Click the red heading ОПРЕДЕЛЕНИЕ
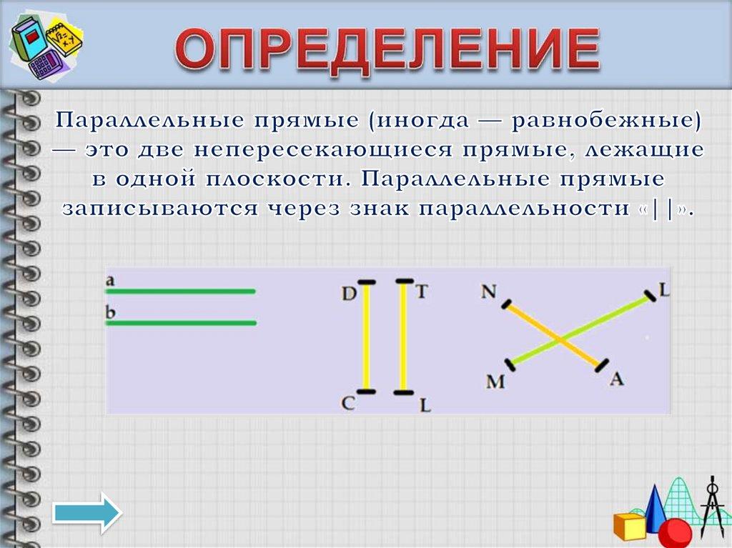pyautogui.click(x=387, y=51)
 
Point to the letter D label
pyautogui.click(x=349, y=293)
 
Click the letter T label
pyautogui.click(x=422, y=292)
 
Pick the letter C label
pyautogui.click(x=348, y=403)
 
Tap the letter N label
pyautogui.click(x=489, y=291)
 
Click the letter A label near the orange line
pyautogui.click(x=616, y=379)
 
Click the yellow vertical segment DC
pyautogui.click(x=367, y=337)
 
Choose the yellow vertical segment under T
pyautogui.click(x=403, y=337)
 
